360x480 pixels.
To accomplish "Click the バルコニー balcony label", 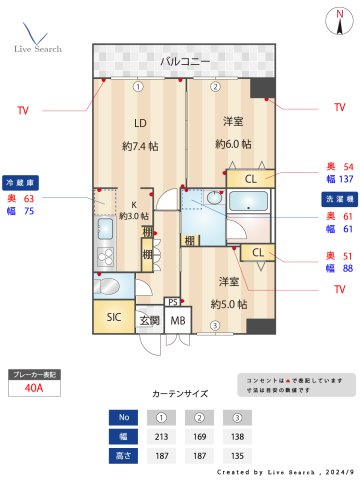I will click(x=186, y=62).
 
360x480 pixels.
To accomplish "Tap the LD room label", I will click(x=141, y=124).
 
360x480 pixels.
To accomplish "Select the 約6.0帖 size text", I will click(x=234, y=143).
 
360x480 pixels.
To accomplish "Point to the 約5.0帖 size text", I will click(x=229, y=303).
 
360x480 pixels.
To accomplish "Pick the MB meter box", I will click(x=178, y=320).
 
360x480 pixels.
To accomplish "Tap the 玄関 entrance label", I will click(x=149, y=320).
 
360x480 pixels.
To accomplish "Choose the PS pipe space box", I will click(x=173, y=301).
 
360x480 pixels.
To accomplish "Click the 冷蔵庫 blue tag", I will click(x=21, y=182).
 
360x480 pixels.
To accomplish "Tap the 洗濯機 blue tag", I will click(x=337, y=199).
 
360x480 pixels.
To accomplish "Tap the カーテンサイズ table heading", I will click(x=179, y=394).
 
